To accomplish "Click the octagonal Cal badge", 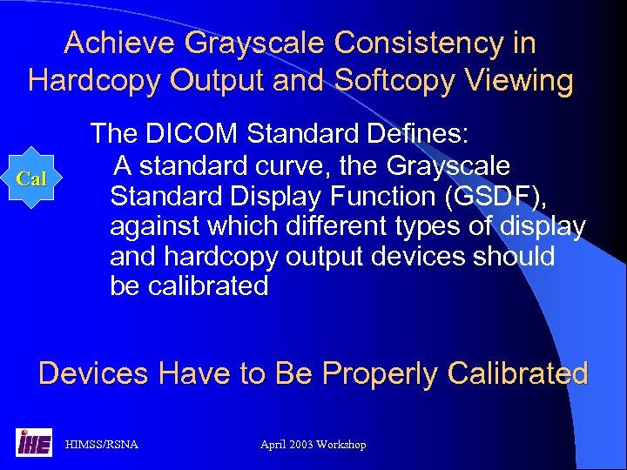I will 32,178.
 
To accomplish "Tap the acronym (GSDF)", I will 496,195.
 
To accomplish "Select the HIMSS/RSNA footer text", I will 102,445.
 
